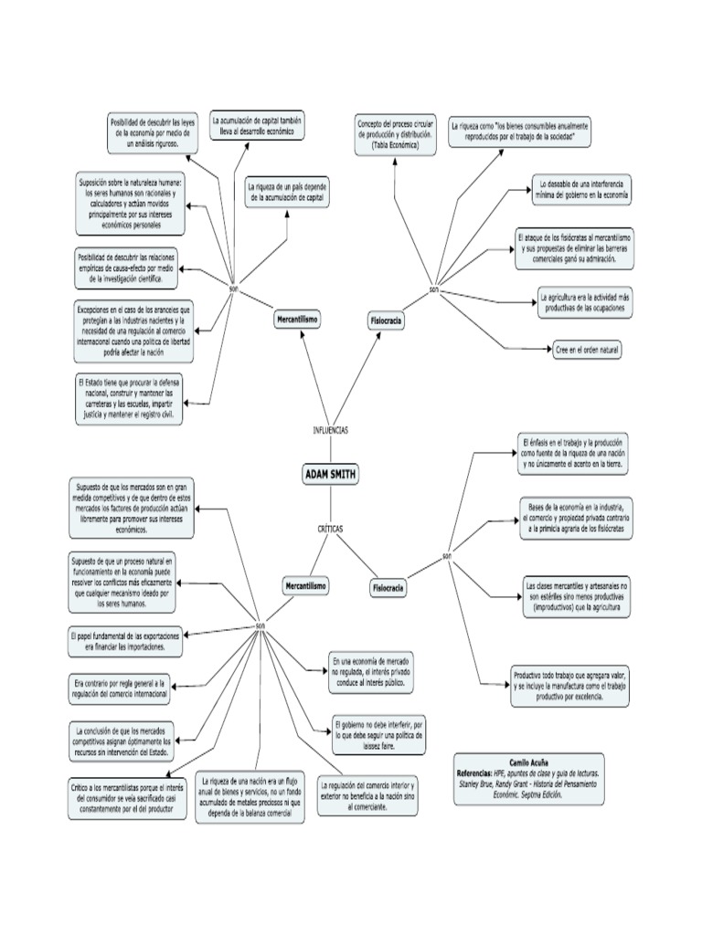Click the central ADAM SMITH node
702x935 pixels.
tap(330, 474)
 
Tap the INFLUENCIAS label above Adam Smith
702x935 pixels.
tap(330, 429)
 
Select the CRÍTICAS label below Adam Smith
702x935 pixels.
tap(330, 529)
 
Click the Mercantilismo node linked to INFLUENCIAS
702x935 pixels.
tap(297, 320)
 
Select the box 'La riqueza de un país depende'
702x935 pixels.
tap(287, 192)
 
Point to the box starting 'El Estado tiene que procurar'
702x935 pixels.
tap(129, 398)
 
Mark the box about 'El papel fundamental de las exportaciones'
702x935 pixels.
tap(123, 640)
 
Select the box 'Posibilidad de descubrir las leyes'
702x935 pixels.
tap(152, 132)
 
